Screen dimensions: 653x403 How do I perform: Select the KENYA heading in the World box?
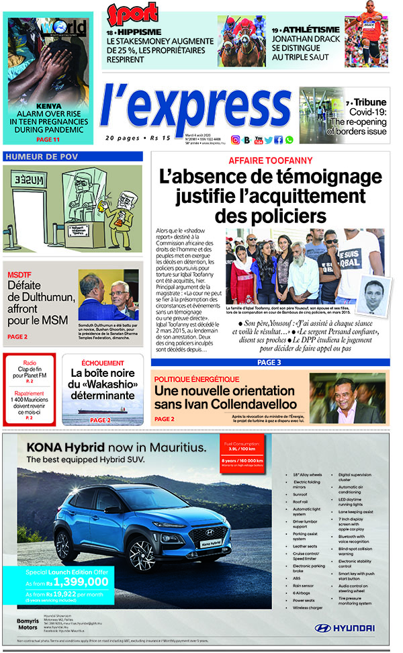(49, 105)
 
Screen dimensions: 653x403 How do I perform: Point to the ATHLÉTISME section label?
(312, 30)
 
